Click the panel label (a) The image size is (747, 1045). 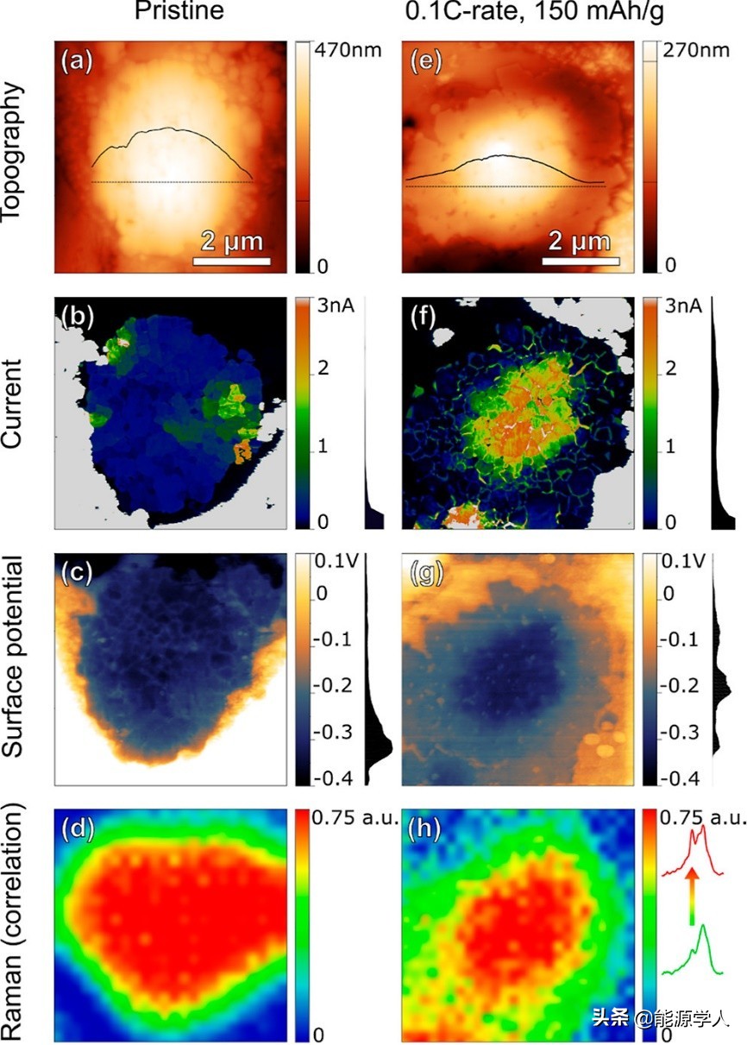75,61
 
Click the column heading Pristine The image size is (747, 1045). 179,12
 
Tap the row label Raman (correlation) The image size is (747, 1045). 12,923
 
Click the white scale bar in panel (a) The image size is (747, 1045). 231,261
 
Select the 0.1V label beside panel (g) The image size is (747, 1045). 682,563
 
